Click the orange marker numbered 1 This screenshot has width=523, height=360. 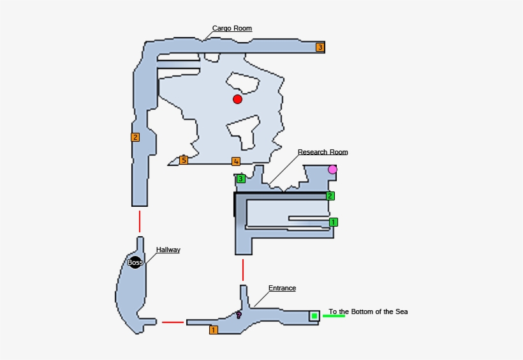coord(214,330)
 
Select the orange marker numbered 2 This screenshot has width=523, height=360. coord(135,137)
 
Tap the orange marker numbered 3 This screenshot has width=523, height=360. coord(320,47)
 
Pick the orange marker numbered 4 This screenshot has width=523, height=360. coord(236,161)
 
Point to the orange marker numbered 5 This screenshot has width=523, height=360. coord(184,160)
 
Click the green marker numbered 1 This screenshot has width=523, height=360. coord(333,222)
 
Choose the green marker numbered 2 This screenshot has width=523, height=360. coord(330,196)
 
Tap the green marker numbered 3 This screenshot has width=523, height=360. coord(240,179)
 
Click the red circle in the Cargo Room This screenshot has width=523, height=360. coord(237,99)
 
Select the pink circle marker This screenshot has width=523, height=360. coord(332,169)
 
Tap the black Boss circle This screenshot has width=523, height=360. coord(135,262)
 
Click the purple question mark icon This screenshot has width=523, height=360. coord(239,315)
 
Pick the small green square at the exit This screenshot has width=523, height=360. coord(314,316)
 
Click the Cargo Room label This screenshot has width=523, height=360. coord(232,28)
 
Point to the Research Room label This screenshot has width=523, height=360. coord(323,152)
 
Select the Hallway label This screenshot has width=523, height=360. coord(168,250)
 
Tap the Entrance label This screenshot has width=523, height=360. coord(282,288)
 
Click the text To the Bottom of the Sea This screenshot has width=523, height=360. coord(368,311)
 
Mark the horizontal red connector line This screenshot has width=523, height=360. coord(173,322)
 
